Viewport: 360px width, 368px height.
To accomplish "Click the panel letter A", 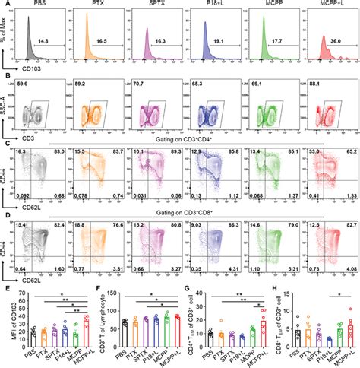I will pyautogui.click(x=5, y=5).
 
